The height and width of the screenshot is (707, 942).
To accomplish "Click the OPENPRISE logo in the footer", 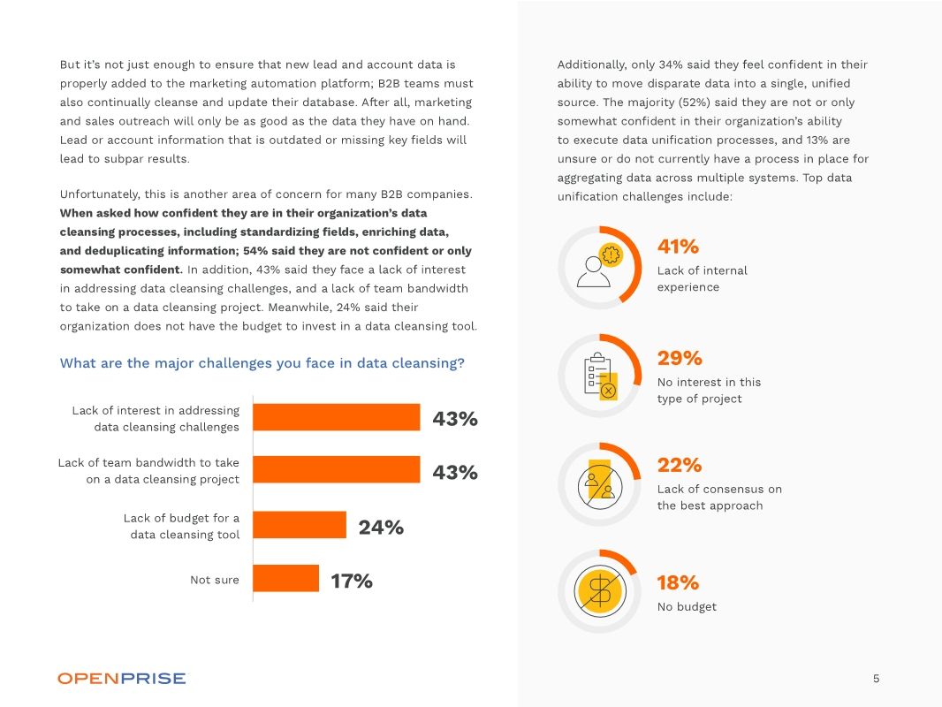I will [122, 678].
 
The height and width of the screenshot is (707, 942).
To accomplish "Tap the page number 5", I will [876, 679].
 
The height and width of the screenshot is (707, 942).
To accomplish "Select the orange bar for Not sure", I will [285, 579].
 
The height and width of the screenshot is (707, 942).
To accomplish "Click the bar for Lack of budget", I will [300, 525].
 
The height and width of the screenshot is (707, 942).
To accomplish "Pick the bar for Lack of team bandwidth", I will [336, 470].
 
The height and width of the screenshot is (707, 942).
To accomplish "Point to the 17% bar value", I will [352, 581].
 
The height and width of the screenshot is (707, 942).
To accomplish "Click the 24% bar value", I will [381, 528].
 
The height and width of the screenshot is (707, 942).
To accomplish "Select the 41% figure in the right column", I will [678, 247].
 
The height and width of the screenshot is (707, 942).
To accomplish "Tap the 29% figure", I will [680, 358].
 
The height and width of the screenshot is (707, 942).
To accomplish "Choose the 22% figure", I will [679, 465].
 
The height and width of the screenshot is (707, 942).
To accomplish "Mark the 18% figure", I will [678, 582].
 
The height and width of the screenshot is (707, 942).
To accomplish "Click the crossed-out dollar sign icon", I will [600, 591].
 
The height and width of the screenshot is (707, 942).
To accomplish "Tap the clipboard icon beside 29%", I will [600, 376].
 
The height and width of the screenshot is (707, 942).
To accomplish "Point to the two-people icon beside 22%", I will [600, 483].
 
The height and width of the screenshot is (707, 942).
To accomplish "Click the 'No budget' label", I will [687, 607].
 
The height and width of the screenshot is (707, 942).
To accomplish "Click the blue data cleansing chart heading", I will [262, 363].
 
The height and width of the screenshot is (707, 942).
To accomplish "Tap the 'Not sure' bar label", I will [214, 580].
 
